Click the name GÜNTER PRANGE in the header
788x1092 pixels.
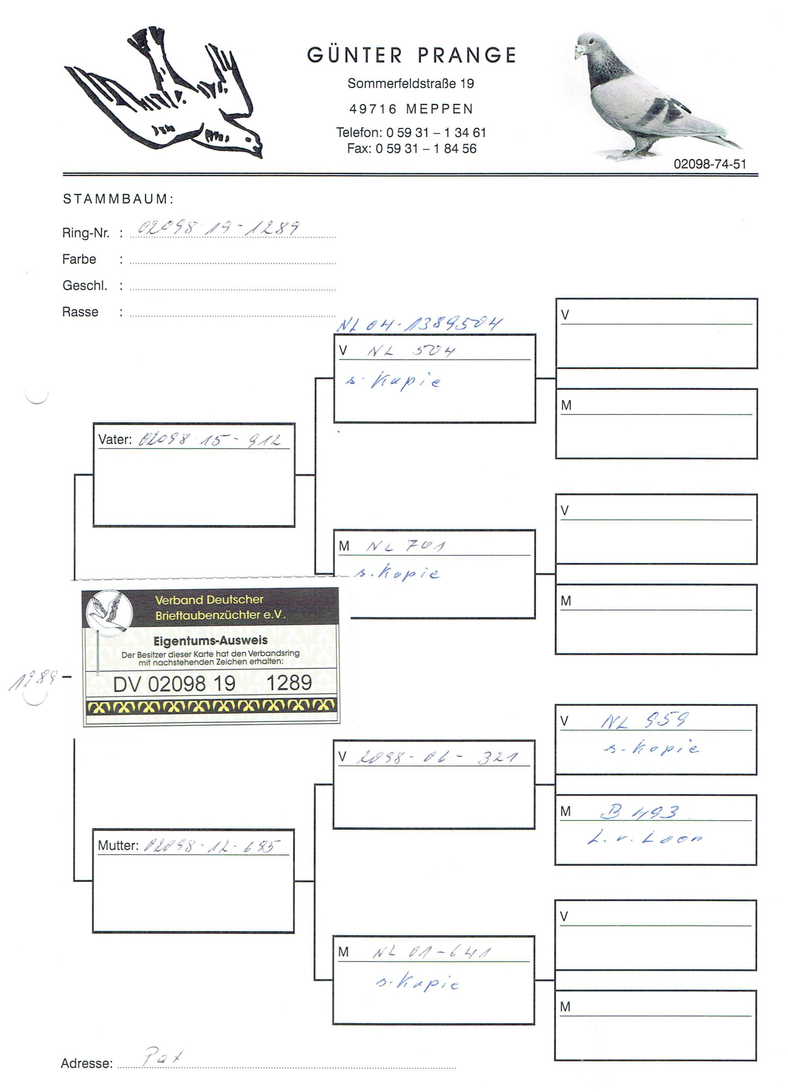pos(411,55)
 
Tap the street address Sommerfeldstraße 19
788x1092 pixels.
pos(410,84)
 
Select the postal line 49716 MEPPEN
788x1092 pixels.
pos(411,109)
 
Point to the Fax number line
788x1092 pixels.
pos(411,149)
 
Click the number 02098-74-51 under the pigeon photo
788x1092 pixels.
pos(710,164)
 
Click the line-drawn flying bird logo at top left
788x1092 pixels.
pos(164,94)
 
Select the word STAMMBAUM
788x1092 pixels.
pos(118,199)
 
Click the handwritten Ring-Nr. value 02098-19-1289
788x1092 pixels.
pos(219,228)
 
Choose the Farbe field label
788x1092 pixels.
pos(79,259)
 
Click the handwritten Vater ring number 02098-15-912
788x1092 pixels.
pos(209,440)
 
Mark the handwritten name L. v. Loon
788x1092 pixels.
pos(645,838)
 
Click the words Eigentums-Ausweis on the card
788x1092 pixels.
pos(210,641)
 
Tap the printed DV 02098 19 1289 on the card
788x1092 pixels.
pos(212,683)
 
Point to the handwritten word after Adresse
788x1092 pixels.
pos(163,1057)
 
